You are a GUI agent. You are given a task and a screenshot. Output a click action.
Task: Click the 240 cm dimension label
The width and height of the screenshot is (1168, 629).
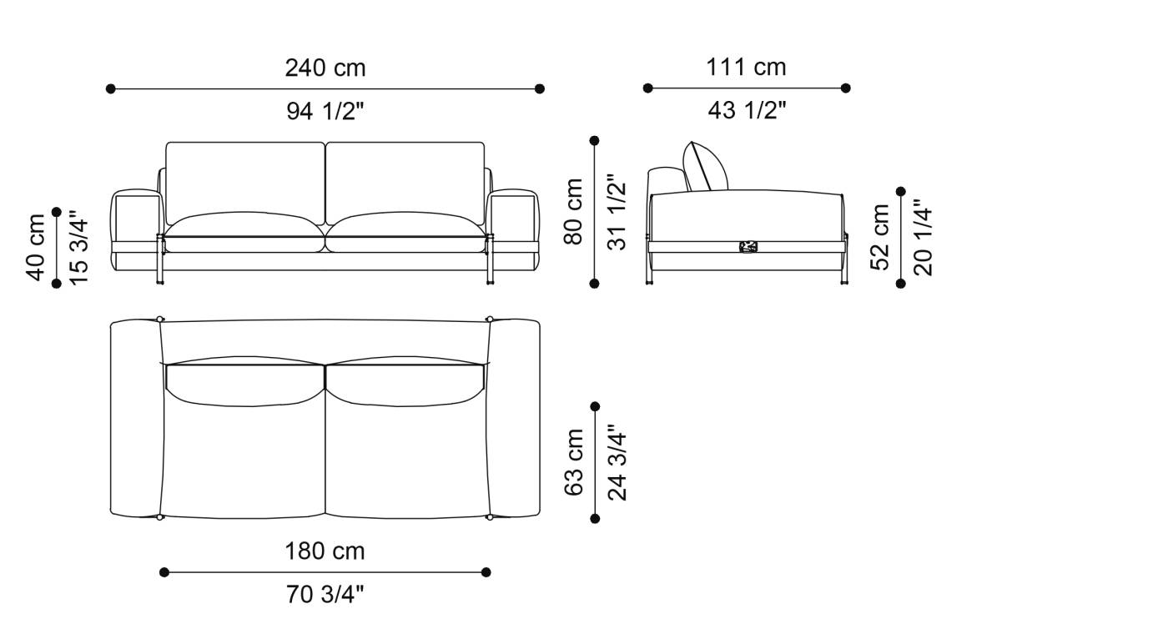pos(325,68)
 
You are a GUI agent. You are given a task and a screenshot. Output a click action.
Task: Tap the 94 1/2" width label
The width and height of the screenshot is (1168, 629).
pos(325,111)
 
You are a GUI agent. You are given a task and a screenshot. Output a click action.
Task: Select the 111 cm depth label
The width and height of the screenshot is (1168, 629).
pos(746,67)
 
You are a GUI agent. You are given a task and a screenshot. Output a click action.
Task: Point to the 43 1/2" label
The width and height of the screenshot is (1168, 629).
pos(746,110)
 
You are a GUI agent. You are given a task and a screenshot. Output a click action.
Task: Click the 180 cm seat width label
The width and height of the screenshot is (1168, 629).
pos(325,551)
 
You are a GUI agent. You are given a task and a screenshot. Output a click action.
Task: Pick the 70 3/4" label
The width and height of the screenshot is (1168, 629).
pos(325,595)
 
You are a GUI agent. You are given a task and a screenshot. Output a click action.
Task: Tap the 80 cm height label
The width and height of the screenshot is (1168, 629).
pos(574,212)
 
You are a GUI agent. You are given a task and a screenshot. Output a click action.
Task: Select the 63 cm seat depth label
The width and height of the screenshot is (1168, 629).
pos(574,463)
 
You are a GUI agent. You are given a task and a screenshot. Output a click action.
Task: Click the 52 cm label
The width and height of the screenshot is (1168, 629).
pos(881,238)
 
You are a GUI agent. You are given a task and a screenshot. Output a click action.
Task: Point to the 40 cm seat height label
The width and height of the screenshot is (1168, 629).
pos(36,247)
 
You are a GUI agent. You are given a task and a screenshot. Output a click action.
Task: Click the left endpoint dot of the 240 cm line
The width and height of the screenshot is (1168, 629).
pos(110,88)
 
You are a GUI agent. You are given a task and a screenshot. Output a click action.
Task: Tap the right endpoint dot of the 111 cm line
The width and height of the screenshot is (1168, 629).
pos(846,88)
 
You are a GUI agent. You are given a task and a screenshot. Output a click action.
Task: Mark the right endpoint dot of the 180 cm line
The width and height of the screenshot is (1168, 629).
pos(486,572)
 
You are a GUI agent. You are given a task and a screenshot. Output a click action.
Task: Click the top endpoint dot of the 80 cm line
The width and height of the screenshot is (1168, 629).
pos(595,141)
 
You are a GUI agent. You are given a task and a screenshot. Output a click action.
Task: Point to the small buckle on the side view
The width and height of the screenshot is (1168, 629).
pos(748,247)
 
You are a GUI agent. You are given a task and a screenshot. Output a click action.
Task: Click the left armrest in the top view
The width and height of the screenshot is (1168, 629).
pos(135,417)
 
